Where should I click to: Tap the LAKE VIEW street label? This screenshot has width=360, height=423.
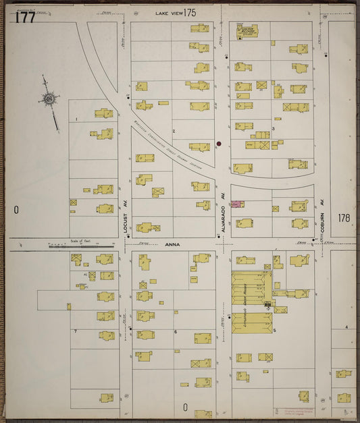168,13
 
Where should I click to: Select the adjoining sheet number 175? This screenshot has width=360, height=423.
189,13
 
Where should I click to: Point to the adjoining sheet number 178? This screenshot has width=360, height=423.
344,218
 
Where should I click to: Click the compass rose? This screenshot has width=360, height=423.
49,100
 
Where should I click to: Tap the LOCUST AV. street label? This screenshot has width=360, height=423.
126,217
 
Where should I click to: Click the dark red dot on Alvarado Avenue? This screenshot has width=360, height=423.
219,144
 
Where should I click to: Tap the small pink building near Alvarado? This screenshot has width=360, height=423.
236,203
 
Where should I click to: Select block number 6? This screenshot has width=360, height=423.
175,331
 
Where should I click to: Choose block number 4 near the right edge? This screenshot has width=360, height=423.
346,327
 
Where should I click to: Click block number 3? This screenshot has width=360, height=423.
273,128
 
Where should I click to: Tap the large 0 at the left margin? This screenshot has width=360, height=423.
16,210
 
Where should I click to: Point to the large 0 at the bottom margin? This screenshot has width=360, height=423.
184,407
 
